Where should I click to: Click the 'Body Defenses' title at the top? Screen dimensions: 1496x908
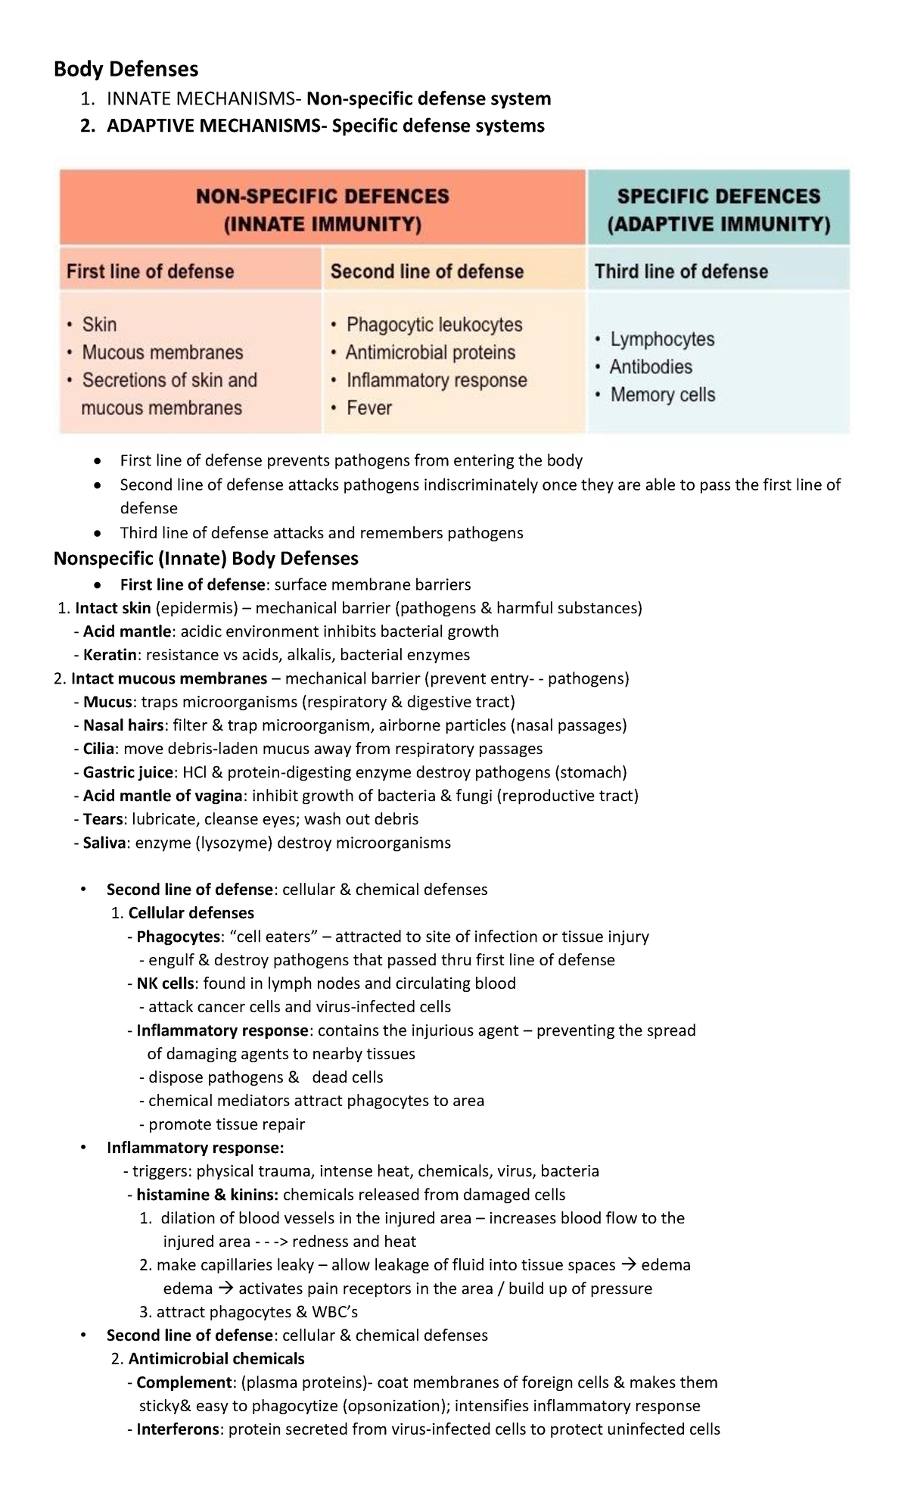pos(126,70)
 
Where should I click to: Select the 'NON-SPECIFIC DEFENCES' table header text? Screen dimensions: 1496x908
pos(322,197)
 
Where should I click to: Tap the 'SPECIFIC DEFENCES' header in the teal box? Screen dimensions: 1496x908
pos(718,197)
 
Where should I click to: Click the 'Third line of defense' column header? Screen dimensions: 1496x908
pos(681,272)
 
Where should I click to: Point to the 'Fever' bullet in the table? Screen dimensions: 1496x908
pos(368,408)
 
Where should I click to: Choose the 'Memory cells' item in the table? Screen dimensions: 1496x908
pos(662,395)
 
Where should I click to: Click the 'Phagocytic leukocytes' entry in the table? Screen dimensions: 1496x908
pos(434,325)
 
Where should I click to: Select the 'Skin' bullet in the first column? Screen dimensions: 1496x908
pos(99,325)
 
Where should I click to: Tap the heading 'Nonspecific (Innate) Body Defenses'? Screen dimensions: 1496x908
pos(206,559)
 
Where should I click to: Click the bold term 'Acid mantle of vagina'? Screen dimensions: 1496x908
pos(163,796)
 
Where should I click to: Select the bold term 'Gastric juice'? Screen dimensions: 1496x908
pos(128,772)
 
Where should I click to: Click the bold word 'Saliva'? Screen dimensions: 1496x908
pos(104,843)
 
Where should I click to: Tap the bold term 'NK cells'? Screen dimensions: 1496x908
pos(165,983)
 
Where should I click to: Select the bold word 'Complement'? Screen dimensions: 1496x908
pos(183,1382)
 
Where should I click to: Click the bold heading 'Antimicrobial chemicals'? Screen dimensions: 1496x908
pos(216,1359)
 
